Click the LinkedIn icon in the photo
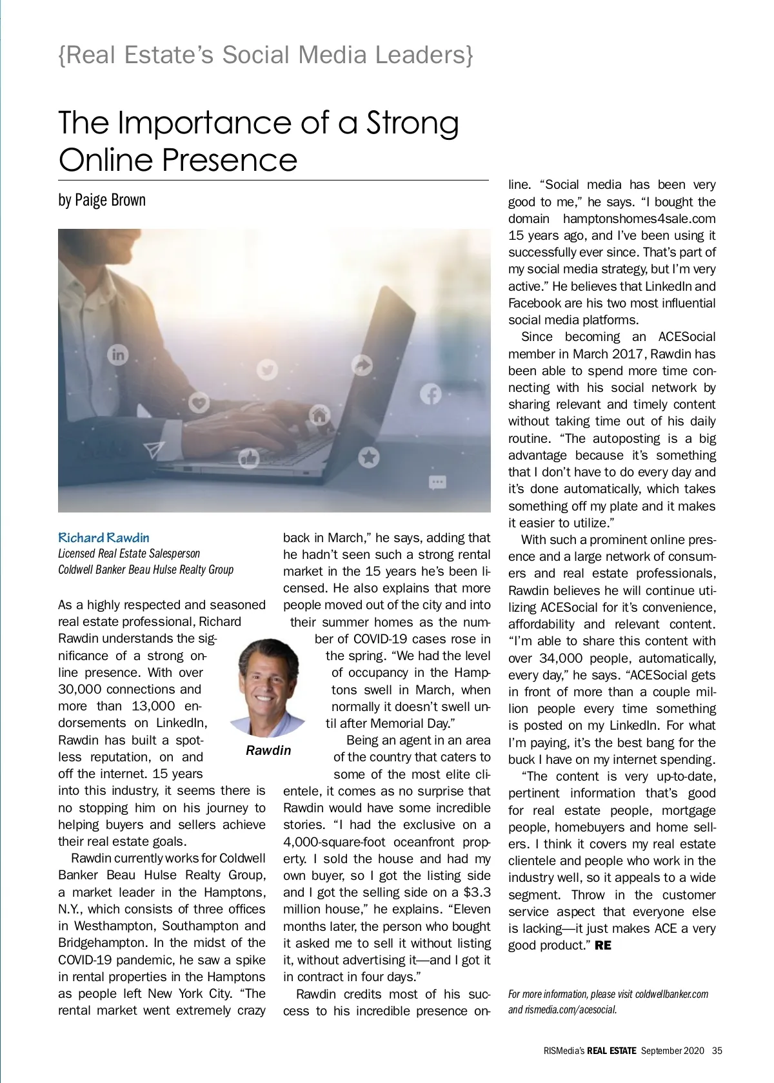(x=118, y=354)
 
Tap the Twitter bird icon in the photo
(x=267, y=370)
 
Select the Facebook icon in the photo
(x=431, y=394)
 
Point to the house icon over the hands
(x=319, y=415)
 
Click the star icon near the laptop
(x=369, y=458)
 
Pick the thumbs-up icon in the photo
(x=249, y=458)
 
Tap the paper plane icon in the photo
(x=154, y=449)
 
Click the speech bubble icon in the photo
(x=437, y=482)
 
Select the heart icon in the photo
(x=199, y=403)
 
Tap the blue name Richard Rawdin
(x=104, y=538)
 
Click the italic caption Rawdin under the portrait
(x=268, y=750)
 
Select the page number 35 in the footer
(x=717, y=1051)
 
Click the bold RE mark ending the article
(x=602, y=946)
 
